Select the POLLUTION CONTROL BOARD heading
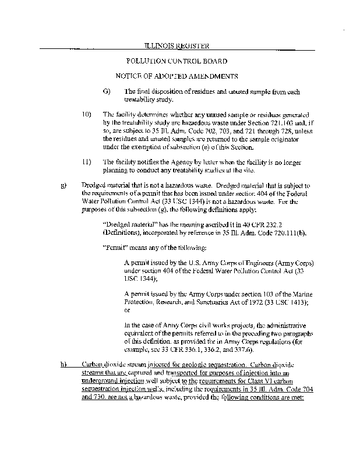click(177, 61)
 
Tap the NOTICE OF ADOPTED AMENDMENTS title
click(177, 76)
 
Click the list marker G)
click(106, 92)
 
